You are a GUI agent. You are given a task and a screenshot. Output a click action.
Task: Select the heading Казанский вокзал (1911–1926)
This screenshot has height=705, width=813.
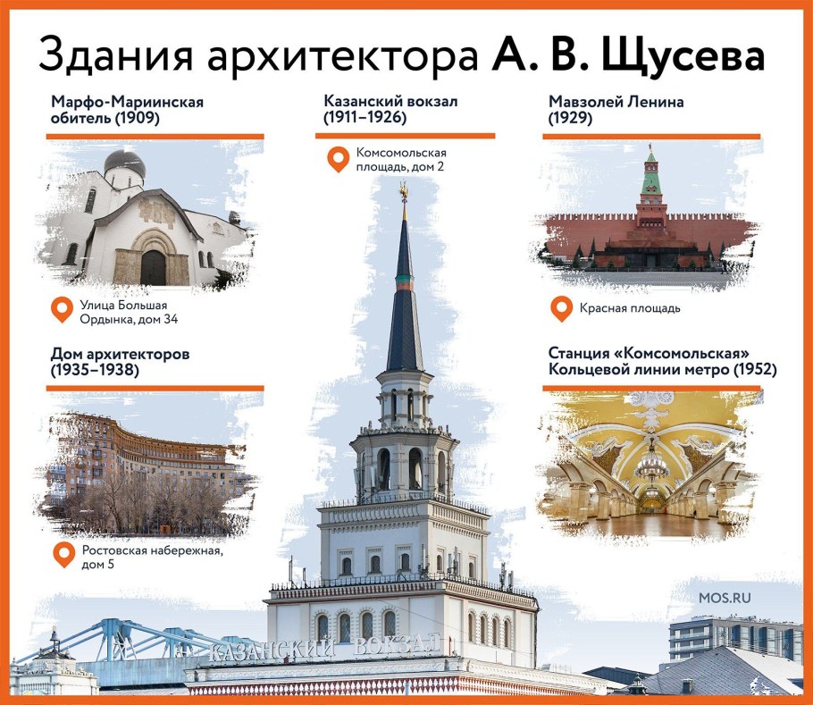point(391,109)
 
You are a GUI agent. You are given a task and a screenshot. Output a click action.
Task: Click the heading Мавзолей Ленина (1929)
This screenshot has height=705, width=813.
point(616,109)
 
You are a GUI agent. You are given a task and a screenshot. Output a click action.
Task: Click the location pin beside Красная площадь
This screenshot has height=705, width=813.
point(561,309)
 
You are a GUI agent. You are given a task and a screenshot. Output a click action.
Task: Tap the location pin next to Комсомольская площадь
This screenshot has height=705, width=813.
point(337,160)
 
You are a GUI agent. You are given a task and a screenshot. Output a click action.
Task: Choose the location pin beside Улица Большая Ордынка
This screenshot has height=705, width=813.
point(62,310)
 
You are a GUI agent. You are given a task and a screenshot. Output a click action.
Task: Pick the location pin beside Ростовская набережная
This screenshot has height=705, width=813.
point(63,555)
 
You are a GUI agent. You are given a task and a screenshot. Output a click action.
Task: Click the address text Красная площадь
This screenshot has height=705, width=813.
point(630,309)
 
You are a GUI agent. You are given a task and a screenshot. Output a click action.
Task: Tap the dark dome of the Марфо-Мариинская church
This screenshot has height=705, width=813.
point(124,163)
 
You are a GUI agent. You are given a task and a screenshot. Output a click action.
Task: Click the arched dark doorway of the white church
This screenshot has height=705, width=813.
point(153,267)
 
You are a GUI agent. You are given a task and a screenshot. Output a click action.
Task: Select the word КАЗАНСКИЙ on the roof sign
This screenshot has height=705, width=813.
point(272,650)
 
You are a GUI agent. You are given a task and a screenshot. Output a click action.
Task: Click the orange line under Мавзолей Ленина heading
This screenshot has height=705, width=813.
point(651,136)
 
